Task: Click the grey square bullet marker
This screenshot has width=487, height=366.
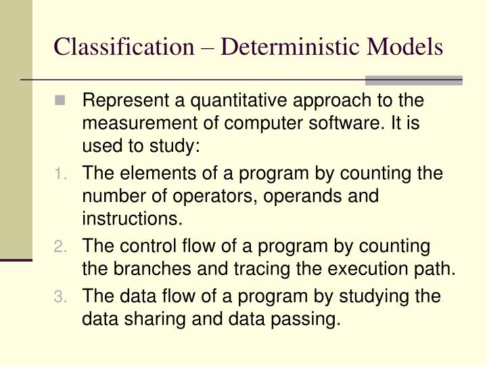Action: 62,101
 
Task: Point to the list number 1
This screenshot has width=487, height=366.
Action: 61,174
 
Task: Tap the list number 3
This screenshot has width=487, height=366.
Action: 61,296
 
